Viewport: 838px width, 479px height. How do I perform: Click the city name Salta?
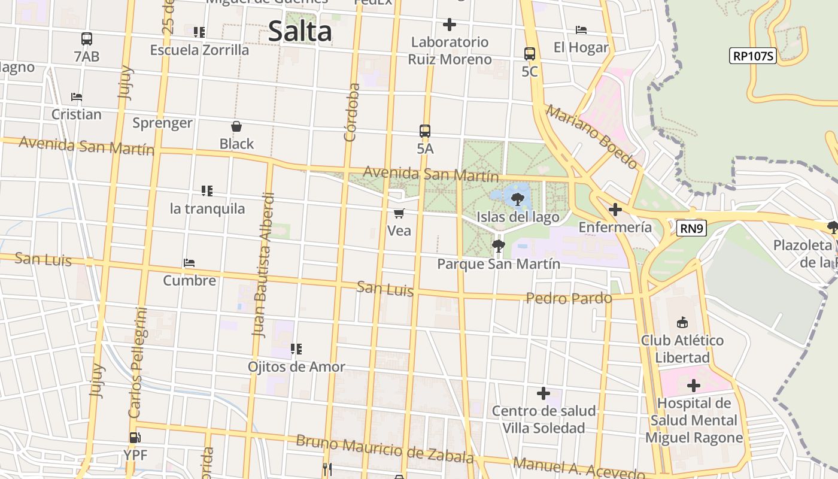pos(299,31)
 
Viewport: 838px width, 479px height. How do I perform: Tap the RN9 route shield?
pos(691,228)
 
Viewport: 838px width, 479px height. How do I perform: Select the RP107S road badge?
pos(753,56)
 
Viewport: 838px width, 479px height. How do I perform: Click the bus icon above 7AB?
pos(87,39)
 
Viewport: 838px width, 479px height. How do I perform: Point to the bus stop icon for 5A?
pos(425,131)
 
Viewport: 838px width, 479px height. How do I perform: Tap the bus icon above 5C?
pos(530,54)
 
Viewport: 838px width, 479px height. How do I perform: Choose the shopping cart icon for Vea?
pos(399,213)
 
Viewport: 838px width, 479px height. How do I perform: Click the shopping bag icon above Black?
pos(236,126)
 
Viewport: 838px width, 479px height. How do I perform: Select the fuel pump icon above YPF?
pos(135,438)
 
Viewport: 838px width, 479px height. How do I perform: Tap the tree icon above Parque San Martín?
pos(498,245)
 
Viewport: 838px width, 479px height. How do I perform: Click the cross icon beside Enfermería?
pos(615,210)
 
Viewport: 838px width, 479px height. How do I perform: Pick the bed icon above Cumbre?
pos(189,263)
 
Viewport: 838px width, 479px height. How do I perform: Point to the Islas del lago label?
pos(518,217)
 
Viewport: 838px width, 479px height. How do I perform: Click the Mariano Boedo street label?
pos(592,137)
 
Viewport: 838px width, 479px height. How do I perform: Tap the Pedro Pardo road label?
pos(569,298)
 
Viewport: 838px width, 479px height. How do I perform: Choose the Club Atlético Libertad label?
pos(682,348)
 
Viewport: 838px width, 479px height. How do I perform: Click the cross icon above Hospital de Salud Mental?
pos(694,385)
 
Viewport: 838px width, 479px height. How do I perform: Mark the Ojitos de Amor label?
pos(296,366)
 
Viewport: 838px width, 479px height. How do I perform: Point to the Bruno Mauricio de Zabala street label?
pos(385,450)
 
